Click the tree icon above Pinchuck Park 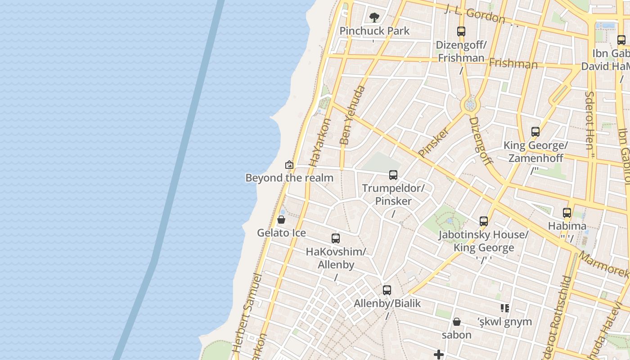374,18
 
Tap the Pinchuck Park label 374,31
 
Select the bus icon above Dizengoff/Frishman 461,31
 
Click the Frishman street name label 513,63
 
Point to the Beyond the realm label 289,178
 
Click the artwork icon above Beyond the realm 289,165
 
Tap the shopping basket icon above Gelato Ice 281,220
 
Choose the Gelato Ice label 281,233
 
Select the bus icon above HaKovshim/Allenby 335,238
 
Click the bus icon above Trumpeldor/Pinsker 393,175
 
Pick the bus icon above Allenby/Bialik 387,290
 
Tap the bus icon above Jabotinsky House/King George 484,221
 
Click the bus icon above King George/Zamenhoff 535,132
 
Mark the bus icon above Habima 567,213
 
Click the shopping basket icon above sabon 457,322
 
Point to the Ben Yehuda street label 352,115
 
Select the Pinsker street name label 434,142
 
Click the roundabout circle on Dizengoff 470,105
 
